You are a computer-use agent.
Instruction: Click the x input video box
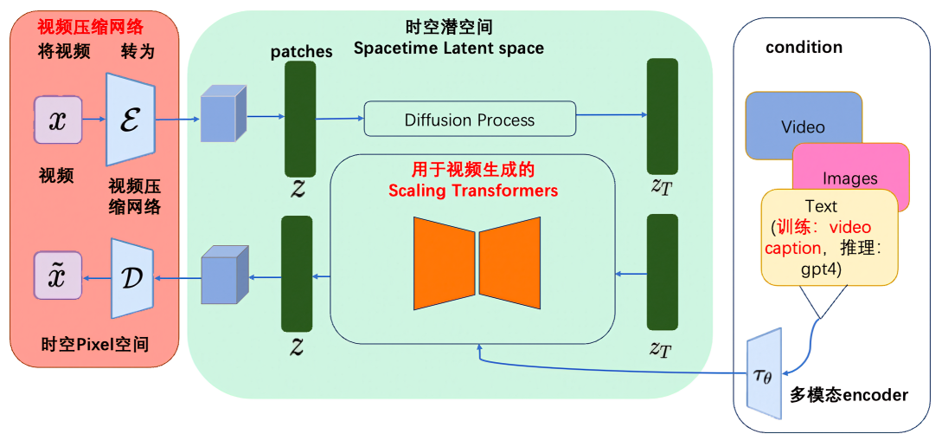tap(58, 120)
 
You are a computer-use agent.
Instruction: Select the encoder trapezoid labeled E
tap(130, 120)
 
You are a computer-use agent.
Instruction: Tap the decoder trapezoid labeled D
tap(131, 277)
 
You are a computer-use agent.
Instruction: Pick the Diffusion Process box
tap(470, 120)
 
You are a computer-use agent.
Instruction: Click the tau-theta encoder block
tap(765, 371)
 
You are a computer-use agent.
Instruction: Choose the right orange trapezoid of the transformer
tap(509, 262)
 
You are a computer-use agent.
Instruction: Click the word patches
tap(301, 52)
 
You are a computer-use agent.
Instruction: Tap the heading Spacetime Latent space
tap(449, 49)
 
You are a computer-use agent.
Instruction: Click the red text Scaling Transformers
tap(472, 191)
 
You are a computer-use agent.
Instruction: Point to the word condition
tap(804, 47)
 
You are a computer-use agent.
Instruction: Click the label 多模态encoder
tap(849, 395)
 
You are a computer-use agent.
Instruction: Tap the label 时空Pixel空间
tap(95, 344)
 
